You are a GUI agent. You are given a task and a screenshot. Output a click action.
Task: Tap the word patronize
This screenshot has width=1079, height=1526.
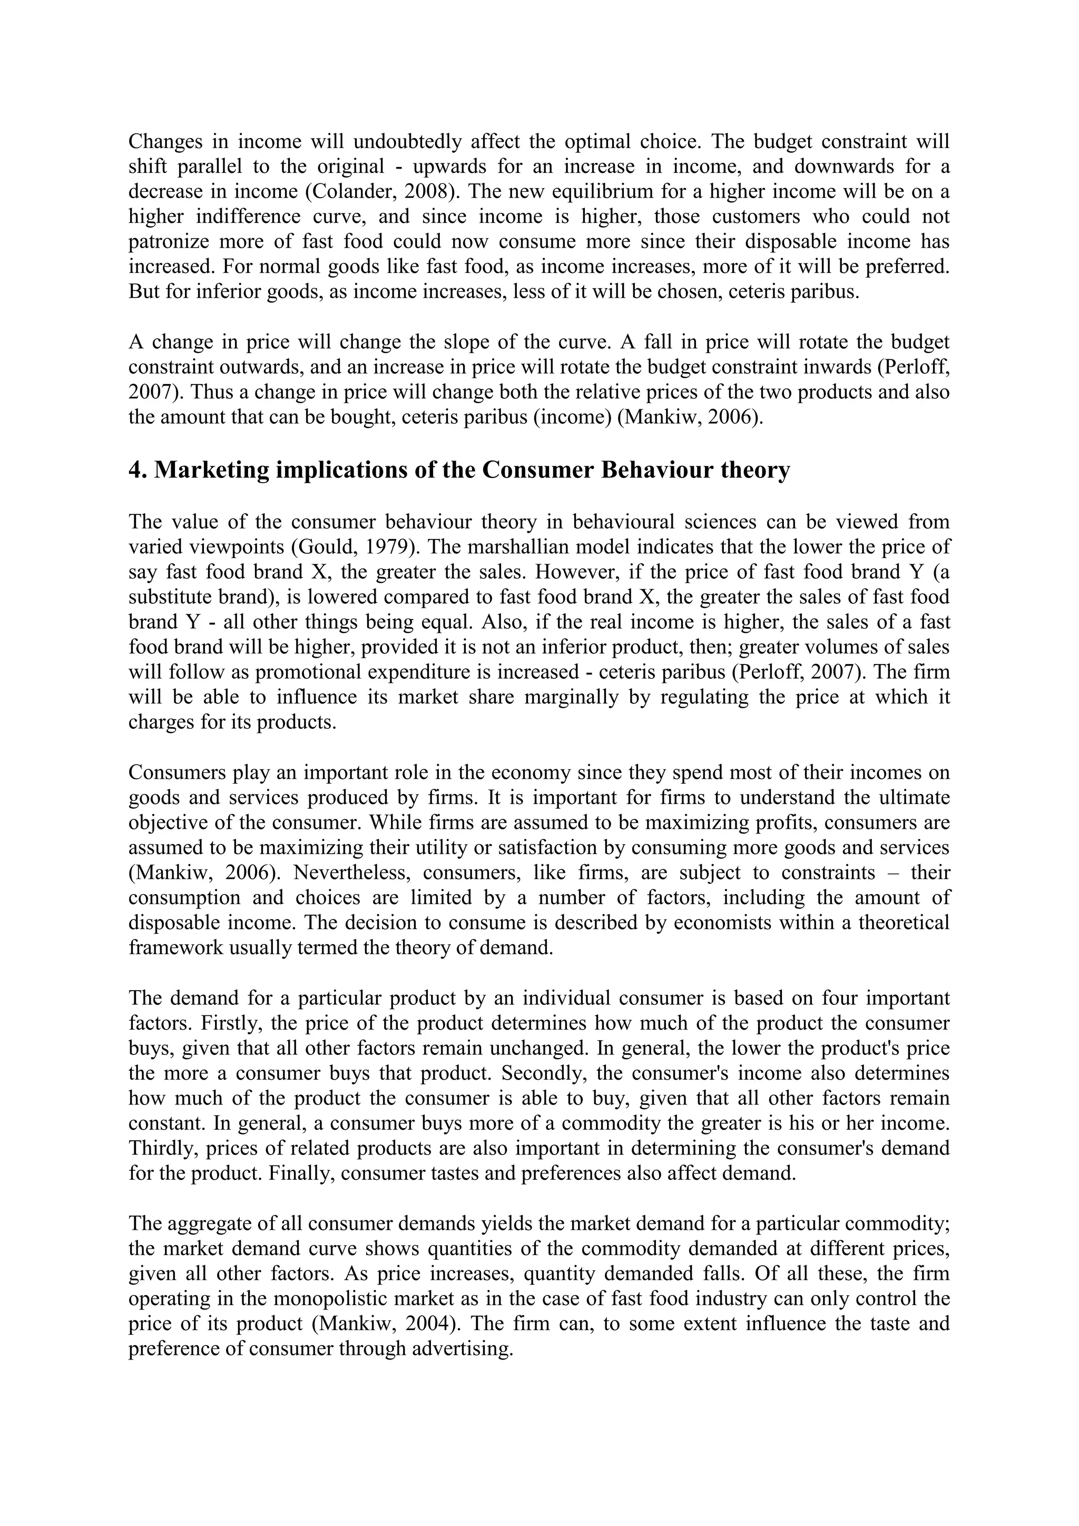click(x=168, y=242)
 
